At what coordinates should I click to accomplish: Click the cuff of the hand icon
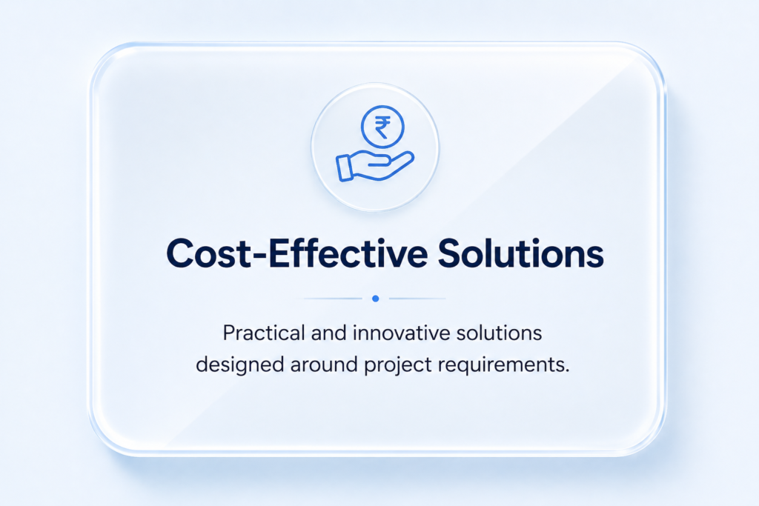[x=345, y=168]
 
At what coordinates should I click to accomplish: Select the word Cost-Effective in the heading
[x=297, y=253]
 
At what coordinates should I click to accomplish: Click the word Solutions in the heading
[x=521, y=253]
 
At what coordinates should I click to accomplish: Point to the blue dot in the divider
[x=376, y=299]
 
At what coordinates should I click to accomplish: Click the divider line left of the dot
[x=333, y=299]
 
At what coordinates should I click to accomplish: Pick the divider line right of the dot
[x=417, y=299]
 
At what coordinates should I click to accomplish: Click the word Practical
[x=264, y=333]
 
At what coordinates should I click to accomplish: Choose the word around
[x=325, y=364]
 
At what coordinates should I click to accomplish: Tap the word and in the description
[x=328, y=333]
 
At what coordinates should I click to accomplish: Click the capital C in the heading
[x=181, y=253]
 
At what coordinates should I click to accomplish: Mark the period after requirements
[x=567, y=371]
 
